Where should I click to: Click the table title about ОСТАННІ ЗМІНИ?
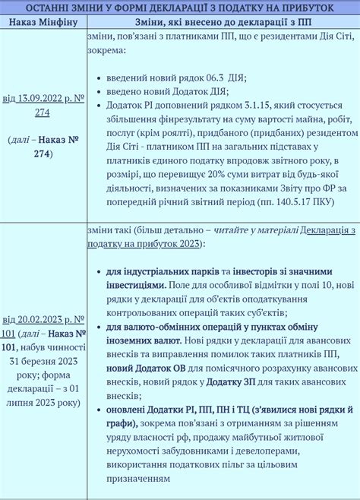[180, 7]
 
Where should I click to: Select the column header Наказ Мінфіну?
[43, 23]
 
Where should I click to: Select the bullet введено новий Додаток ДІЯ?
[168, 91]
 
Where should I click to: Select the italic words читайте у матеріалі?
[257, 230]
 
